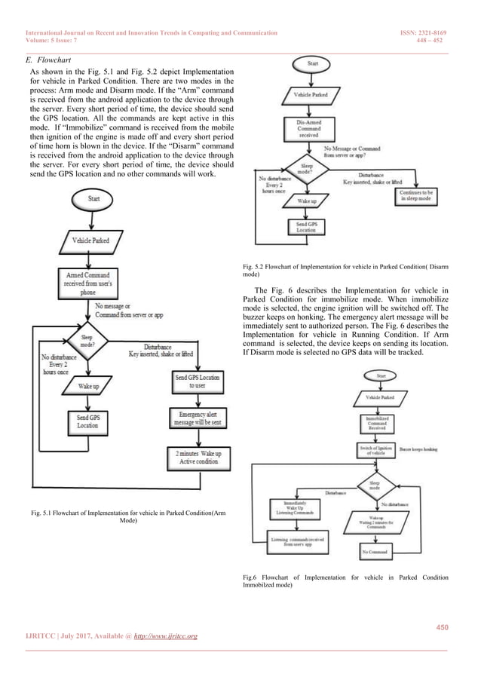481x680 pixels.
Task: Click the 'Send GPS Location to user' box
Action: (x=197, y=381)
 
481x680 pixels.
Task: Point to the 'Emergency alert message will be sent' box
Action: (x=197, y=420)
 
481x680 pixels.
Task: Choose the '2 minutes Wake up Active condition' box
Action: (x=197, y=458)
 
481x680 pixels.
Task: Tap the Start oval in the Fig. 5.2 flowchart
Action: (x=313, y=63)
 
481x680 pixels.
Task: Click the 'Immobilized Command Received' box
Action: (x=378, y=421)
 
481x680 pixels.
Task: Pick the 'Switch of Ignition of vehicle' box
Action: (x=378, y=449)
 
